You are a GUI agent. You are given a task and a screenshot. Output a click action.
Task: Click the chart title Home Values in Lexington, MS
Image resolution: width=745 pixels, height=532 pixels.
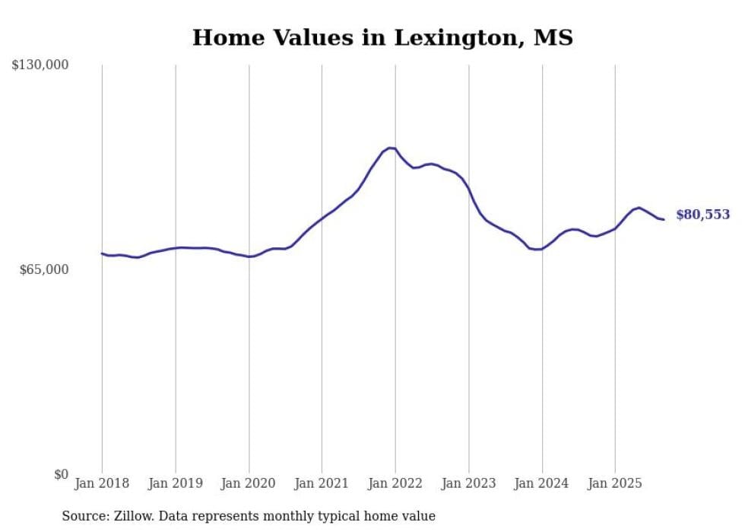[382, 37]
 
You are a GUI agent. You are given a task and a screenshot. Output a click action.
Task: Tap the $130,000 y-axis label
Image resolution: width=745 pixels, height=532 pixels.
[40, 65]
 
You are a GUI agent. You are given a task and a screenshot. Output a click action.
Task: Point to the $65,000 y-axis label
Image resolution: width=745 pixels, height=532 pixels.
[44, 270]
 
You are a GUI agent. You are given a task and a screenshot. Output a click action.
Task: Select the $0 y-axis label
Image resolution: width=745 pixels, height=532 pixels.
[61, 475]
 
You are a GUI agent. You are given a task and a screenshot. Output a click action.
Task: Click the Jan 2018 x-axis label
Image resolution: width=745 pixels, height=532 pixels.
[102, 483]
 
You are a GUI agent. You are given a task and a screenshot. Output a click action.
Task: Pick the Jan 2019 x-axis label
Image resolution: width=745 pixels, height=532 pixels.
[176, 483]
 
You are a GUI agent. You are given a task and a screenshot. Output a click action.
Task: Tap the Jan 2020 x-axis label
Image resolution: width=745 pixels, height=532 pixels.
[249, 483]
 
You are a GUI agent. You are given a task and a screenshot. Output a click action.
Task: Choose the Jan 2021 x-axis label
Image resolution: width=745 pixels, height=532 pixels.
[322, 483]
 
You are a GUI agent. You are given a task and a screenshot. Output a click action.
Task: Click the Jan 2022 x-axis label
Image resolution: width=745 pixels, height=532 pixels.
[395, 483]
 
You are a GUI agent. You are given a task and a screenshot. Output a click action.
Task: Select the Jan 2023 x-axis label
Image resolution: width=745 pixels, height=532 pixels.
[468, 483]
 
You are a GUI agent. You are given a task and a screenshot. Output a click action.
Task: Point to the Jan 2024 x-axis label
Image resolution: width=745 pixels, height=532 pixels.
[542, 483]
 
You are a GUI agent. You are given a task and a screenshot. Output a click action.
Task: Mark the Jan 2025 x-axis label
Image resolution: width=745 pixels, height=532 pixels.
[615, 483]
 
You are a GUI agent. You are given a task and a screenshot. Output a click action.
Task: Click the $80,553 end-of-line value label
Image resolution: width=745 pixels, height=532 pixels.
[702, 215]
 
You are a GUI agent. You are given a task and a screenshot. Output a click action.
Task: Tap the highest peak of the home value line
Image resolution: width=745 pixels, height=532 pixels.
[390, 148]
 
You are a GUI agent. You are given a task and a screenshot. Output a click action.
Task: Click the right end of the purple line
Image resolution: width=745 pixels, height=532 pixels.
[664, 220]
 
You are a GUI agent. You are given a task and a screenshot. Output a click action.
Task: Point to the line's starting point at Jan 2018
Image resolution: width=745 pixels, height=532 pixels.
[102, 253]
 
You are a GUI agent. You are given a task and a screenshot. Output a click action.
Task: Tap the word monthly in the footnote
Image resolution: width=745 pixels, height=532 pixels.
[315, 516]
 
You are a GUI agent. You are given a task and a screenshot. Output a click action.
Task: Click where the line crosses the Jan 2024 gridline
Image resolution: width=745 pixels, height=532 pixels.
[542, 248]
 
